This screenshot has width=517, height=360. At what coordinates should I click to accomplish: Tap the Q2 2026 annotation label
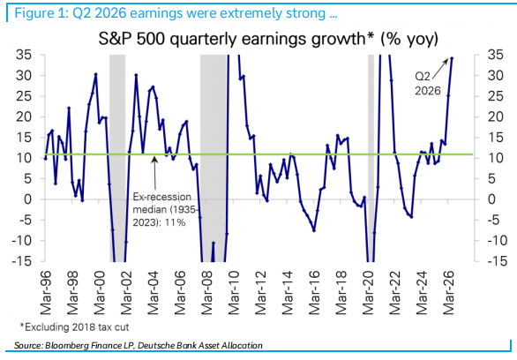427,84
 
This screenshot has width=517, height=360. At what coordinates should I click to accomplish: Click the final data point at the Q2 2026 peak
452,58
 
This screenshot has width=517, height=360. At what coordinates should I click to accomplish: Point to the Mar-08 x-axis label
206,293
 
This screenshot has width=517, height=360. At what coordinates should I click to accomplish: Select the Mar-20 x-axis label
368,293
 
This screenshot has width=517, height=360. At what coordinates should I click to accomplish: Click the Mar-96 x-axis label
46,293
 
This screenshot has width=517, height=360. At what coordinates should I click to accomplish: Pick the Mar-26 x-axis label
449,293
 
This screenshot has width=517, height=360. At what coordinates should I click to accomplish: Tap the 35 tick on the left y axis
24,55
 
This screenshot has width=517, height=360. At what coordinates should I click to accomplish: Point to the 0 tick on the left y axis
27,199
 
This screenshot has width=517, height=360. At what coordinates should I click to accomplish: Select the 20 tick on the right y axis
496,116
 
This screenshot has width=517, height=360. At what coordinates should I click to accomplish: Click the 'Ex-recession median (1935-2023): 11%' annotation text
165,210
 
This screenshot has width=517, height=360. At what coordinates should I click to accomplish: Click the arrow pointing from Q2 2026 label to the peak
440,69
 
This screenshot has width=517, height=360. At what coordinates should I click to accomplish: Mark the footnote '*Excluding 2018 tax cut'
74,327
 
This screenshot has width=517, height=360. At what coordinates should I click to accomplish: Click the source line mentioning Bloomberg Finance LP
139,346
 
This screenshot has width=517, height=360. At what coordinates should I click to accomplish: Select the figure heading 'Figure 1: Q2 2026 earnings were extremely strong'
176,13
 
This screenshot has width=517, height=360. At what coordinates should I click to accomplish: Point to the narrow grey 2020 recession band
371,158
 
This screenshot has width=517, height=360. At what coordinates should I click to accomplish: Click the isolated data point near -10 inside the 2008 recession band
214,243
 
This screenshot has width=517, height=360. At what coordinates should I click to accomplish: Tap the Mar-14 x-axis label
288,293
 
